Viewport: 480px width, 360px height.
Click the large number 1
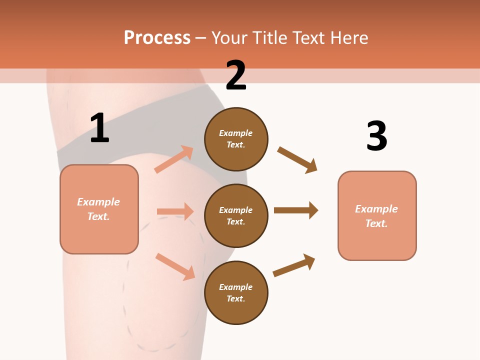point(99,128)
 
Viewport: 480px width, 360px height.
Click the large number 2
point(235,75)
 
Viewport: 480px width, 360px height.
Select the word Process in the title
point(157,37)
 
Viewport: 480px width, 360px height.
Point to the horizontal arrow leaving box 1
point(175,211)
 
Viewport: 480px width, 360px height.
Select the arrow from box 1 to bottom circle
point(175,266)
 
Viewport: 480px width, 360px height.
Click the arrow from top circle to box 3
point(297,160)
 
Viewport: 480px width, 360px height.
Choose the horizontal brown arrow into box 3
point(296,210)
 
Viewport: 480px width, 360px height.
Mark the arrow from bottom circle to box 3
point(294,265)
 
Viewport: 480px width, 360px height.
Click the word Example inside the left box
point(98,202)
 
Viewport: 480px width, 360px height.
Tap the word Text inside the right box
point(376,223)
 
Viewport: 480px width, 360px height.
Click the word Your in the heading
point(229,37)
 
